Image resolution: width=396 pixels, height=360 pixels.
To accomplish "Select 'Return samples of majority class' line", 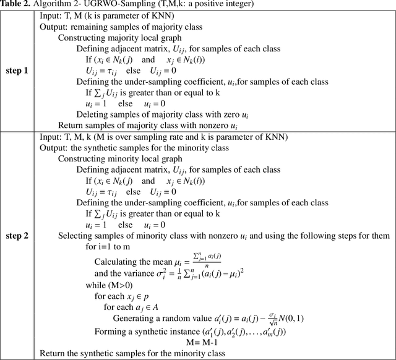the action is point(138,125).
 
